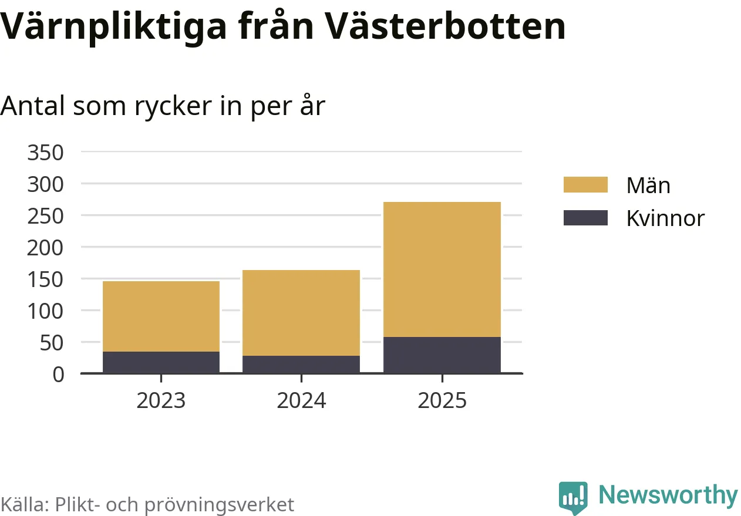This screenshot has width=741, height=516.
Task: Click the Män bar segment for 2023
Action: (x=161, y=316)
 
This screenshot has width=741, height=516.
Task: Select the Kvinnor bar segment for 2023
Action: (x=161, y=362)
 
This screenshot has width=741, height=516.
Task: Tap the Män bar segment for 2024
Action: (x=301, y=312)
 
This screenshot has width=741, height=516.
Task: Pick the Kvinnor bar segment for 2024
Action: (x=301, y=364)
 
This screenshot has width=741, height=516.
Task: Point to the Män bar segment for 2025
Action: (x=442, y=269)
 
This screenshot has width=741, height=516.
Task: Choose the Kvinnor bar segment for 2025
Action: (x=442, y=355)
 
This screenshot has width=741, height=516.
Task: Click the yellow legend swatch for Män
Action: (x=585, y=185)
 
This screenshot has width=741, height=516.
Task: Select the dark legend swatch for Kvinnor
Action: (x=585, y=218)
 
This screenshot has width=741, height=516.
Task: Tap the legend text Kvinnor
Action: (x=665, y=218)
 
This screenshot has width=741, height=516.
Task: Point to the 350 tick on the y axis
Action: (x=45, y=153)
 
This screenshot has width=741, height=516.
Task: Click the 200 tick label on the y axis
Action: (x=45, y=248)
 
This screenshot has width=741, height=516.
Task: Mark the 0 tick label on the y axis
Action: (x=58, y=374)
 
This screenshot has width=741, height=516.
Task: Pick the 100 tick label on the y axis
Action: (x=45, y=311)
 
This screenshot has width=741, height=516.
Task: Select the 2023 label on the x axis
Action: (x=161, y=401)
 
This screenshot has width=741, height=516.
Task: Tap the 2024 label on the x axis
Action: (x=301, y=401)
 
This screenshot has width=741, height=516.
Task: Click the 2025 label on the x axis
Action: (x=442, y=401)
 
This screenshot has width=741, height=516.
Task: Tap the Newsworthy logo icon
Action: (x=573, y=497)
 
